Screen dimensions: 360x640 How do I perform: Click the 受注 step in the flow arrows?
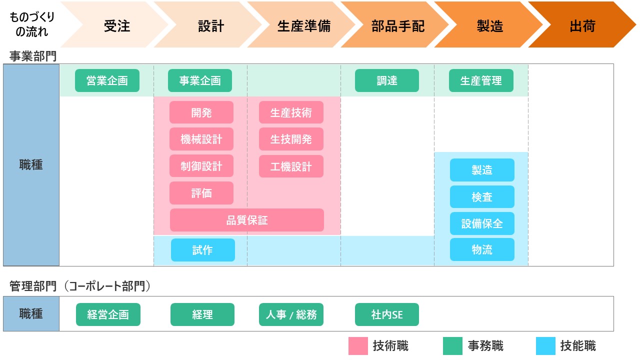[x=117, y=26]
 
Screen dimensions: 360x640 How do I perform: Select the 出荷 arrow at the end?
[x=582, y=26]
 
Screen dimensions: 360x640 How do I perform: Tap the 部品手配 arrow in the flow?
[x=397, y=26]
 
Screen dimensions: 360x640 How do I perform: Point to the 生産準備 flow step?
[x=303, y=26]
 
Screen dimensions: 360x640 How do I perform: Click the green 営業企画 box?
[x=107, y=80]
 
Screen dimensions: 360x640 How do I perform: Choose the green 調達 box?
[x=387, y=80]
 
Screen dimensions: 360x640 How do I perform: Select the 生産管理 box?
[x=481, y=80]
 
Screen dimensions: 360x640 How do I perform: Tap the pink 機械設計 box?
[x=201, y=139]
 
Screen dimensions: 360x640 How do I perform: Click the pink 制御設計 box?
[x=201, y=166]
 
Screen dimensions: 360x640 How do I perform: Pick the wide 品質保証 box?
[x=247, y=220]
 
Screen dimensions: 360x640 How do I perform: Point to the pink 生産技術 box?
[x=291, y=112]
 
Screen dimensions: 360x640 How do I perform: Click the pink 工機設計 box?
[x=291, y=166]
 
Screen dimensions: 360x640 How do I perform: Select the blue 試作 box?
[x=202, y=250]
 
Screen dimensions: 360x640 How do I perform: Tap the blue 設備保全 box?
[x=482, y=223]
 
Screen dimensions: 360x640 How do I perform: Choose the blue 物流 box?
[x=482, y=249]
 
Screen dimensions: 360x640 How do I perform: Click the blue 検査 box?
[x=482, y=197]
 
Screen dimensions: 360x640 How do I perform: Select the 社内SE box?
[x=387, y=314]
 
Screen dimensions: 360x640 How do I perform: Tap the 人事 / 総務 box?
[x=291, y=314]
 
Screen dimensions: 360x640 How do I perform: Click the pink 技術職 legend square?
[x=358, y=345]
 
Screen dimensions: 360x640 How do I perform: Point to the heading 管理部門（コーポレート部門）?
[x=80, y=286]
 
